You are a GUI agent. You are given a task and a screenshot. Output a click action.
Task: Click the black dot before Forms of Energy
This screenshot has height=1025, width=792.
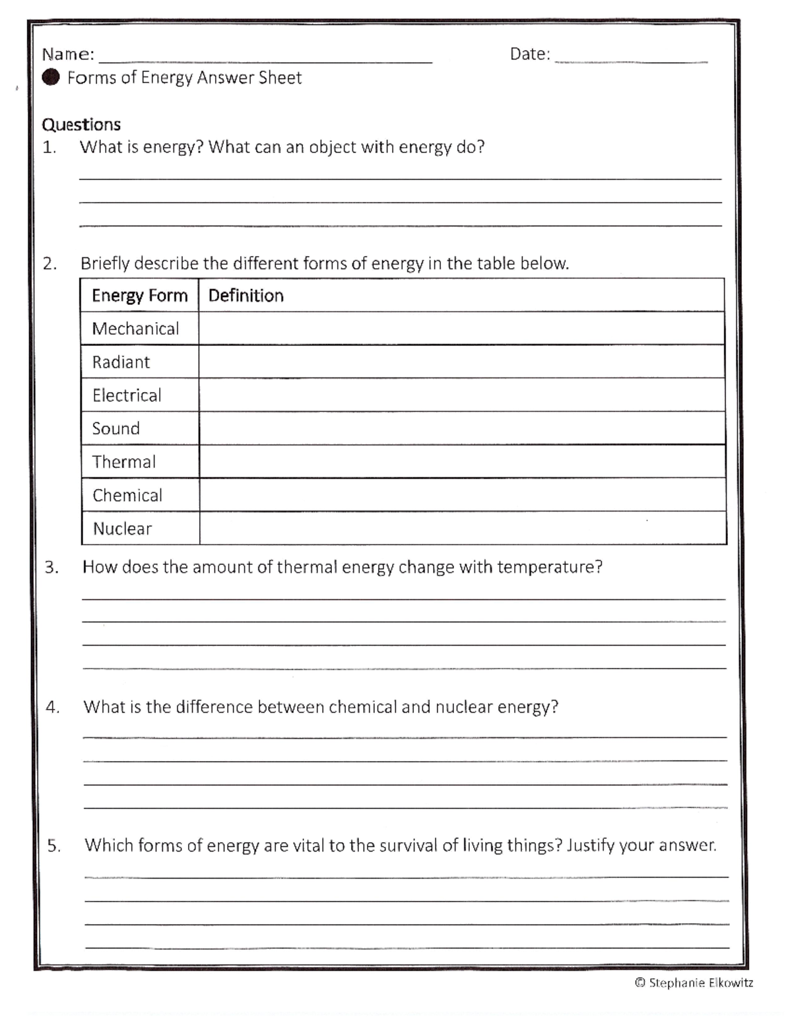[x=51, y=78]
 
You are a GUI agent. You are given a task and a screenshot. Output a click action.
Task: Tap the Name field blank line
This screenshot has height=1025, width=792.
[x=265, y=59]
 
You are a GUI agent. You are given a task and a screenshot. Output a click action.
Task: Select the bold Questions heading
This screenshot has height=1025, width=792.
[x=81, y=125]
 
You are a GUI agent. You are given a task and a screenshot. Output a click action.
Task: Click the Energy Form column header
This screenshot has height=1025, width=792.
[x=140, y=296]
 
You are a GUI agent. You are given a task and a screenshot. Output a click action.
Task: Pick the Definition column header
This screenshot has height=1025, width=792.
[x=246, y=296]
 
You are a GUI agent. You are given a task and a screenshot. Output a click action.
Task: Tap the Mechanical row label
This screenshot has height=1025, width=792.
[x=135, y=329]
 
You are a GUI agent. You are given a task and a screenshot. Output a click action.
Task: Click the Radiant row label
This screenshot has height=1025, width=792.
[x=121, y=362]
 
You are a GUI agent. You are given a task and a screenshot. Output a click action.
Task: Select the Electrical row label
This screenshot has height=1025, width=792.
[x=127, y=395]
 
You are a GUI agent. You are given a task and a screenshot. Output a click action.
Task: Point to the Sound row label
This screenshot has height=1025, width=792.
[x=116, y=429]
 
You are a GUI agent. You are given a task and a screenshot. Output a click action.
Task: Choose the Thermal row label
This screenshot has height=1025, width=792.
[x=124, y=462]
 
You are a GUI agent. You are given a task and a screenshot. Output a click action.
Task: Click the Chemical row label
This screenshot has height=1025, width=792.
[x=127, y=496]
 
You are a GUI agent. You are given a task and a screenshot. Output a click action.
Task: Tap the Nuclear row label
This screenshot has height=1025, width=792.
[x=123, y=529]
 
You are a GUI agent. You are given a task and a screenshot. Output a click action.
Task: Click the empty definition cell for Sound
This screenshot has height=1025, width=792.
[x=461, y=429]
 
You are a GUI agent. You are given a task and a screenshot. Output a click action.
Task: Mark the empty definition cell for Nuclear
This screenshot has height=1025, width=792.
[x=462, y=529]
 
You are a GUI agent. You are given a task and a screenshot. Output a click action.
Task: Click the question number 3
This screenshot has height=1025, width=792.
[x=51, y=568]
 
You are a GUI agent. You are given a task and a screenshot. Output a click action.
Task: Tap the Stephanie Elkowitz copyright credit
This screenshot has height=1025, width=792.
[x=694, y=983]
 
